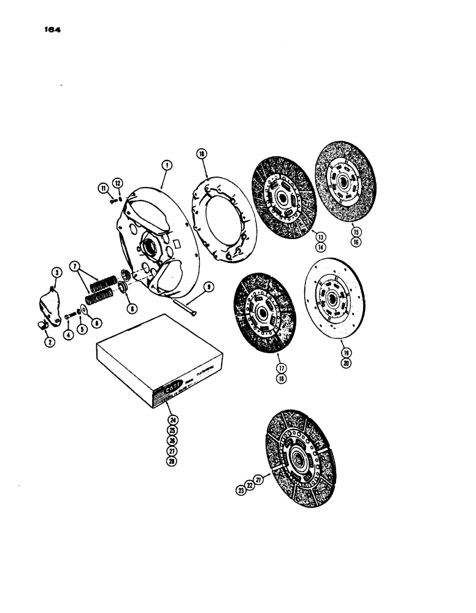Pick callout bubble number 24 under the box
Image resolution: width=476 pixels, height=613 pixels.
point(172,419)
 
